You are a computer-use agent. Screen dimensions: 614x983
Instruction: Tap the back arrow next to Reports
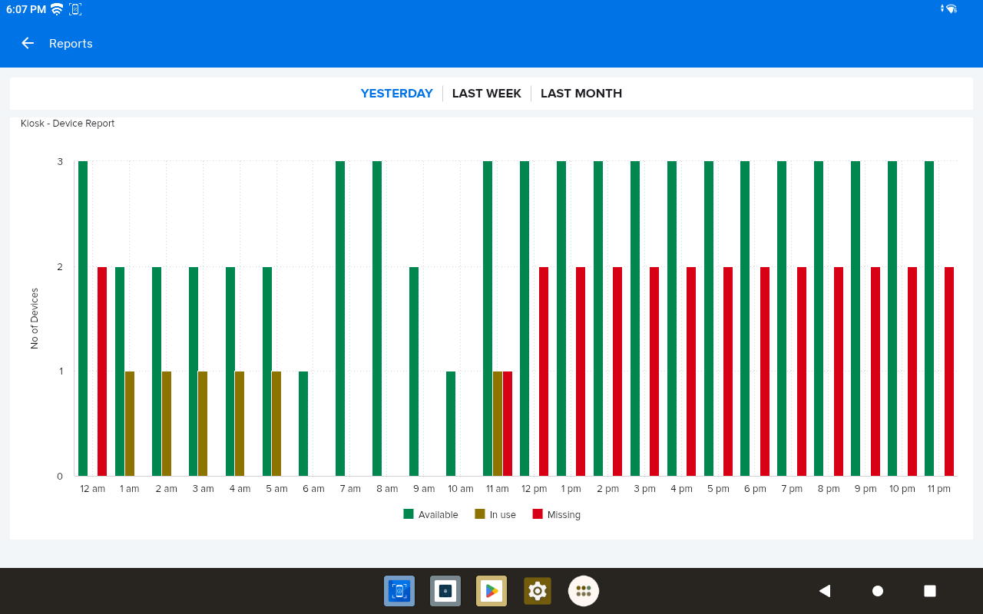point(28,43)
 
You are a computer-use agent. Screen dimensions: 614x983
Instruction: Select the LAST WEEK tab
point(486,94)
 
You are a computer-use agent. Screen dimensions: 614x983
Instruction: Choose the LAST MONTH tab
point(581,94)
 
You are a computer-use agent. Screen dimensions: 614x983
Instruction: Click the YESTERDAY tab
point(397,94)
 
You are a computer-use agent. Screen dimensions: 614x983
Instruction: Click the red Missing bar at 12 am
point(102,371)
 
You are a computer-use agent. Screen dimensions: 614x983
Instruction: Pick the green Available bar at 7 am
point(340,319)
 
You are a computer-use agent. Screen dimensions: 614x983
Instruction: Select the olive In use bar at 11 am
point(498,424)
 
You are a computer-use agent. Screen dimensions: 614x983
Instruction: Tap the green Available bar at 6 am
point(303,424)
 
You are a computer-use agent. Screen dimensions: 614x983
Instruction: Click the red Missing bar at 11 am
point(508,424)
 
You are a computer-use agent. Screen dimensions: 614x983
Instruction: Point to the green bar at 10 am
point(451,424)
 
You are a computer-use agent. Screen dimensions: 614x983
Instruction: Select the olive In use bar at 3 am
point(203,424)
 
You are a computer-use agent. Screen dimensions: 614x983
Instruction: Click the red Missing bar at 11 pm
point(949,371)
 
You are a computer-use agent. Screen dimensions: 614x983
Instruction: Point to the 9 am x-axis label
point(423,489)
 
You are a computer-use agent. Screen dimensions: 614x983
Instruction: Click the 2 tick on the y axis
point(60,267)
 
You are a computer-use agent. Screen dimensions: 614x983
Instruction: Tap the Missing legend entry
point(557,514)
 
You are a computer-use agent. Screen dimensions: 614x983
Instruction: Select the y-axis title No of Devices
point(35,319)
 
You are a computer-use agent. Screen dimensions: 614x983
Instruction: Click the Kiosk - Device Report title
point(68,124)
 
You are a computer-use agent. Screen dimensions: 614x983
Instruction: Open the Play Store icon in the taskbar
point(491,591)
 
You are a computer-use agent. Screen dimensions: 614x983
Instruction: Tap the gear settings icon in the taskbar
point(538,591)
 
